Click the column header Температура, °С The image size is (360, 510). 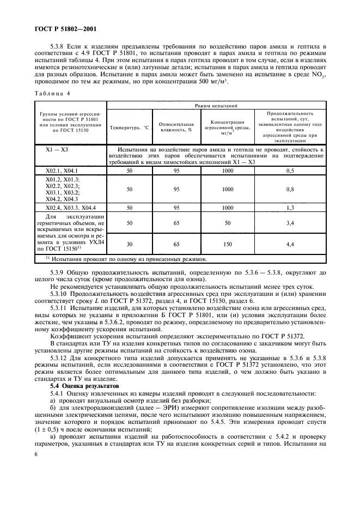point(129,127)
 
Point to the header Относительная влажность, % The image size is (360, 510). point(172,127)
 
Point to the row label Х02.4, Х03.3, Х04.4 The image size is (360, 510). point(71,208)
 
